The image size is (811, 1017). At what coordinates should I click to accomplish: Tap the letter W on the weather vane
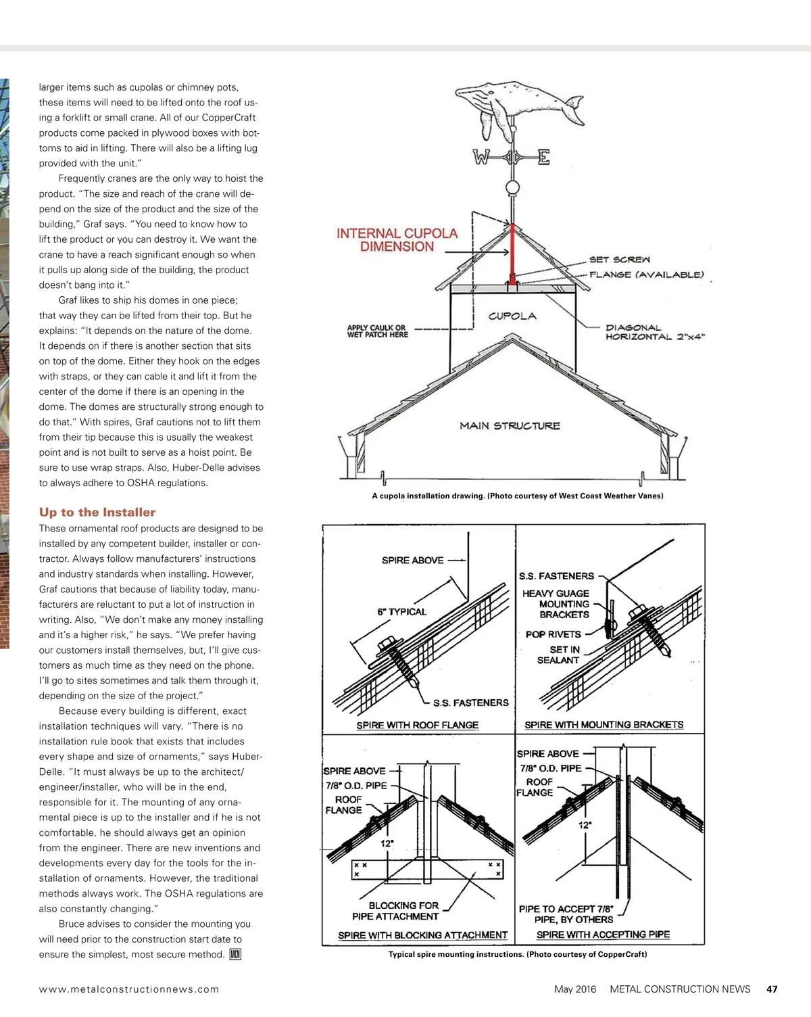click(x=481, y=158)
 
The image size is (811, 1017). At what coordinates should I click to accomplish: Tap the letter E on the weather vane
click(x=543, y=158)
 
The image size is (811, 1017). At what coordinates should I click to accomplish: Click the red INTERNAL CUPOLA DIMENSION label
click(x=397, y=240)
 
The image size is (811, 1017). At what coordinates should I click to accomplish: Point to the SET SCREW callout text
click(x=619, y=260)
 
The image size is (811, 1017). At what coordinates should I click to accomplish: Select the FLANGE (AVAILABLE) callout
click(x=646, y=275)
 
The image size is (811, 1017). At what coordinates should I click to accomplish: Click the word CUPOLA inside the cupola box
click(x=512, y=316)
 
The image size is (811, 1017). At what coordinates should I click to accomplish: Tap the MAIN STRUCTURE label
click(x=510, y=426)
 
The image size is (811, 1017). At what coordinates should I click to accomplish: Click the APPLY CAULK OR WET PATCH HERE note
click(x=377, y=331)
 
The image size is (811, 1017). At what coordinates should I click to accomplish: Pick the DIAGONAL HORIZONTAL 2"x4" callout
click(x=654, y=332)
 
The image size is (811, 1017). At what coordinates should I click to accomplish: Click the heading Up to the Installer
click(x=97, y=513)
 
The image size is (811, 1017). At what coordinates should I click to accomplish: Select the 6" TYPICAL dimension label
click(x=401, y=612)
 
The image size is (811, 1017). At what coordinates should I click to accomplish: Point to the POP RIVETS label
click(x=553, y=634)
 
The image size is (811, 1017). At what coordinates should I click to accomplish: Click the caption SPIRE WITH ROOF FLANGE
click(x=417, y=725)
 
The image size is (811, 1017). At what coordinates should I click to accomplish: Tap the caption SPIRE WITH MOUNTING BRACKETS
click(x=604, y=725)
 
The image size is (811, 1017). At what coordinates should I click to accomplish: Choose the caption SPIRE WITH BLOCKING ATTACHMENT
click(x=422, y=935)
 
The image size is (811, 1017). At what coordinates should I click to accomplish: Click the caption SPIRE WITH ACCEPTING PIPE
click(x=603, y=935)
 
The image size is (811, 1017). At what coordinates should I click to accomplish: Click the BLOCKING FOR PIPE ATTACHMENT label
click(x=395, y=911)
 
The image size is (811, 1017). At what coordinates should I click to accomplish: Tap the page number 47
click(x=772, y=989)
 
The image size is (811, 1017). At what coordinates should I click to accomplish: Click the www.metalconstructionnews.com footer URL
click(x=129, y=989)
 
